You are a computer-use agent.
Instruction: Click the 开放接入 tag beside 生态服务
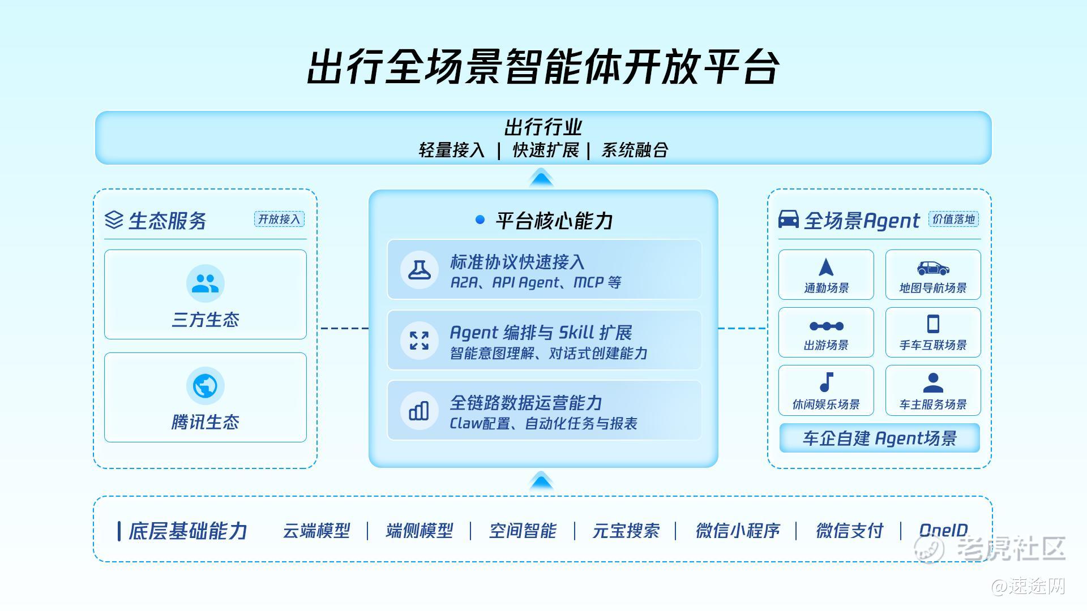279,219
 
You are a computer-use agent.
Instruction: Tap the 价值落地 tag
953,219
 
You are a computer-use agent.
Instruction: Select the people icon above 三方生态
205,283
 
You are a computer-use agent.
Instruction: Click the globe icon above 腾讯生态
205,386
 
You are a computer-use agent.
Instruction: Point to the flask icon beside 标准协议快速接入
419,270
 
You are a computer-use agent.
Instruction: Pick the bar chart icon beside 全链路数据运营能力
419,411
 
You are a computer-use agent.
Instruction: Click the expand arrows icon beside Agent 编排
419,341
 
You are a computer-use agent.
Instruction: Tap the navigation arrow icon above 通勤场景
826,267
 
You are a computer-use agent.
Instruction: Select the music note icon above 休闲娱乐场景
827,382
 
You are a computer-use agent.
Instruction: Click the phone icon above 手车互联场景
933,324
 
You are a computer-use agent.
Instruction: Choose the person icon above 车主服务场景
933,382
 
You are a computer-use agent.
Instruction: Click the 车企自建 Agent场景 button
879,438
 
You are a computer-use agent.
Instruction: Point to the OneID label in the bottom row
943,530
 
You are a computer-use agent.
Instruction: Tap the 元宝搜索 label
626,531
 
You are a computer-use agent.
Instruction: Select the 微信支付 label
849,531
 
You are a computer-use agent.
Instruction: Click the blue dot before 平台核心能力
480,220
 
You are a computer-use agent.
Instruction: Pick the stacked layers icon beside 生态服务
114,220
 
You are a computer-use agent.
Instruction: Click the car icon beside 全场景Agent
789,219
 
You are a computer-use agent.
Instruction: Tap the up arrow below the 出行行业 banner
541,178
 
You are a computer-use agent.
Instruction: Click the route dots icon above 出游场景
827,326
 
